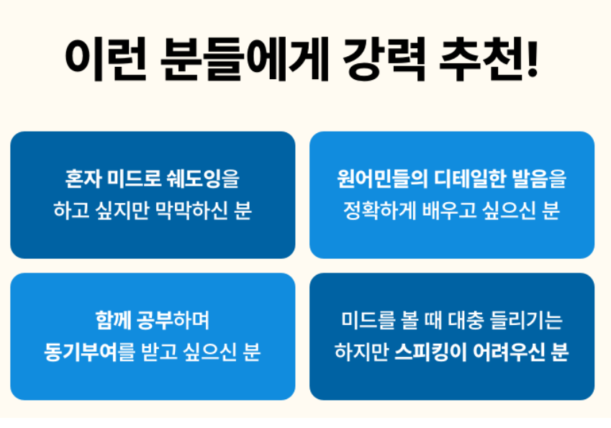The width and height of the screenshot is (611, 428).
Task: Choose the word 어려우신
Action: (x=507, y=353)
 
